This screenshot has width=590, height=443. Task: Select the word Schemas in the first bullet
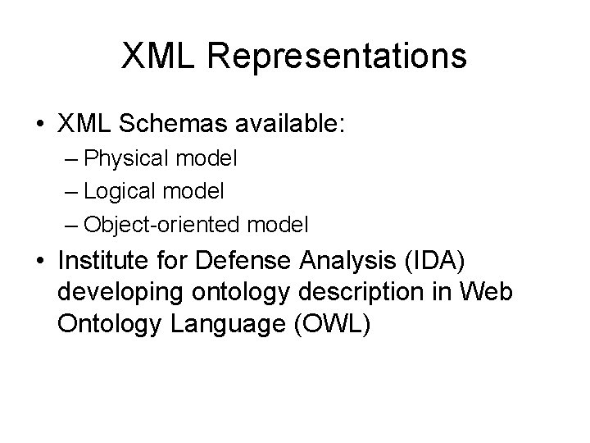click(165, 126)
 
